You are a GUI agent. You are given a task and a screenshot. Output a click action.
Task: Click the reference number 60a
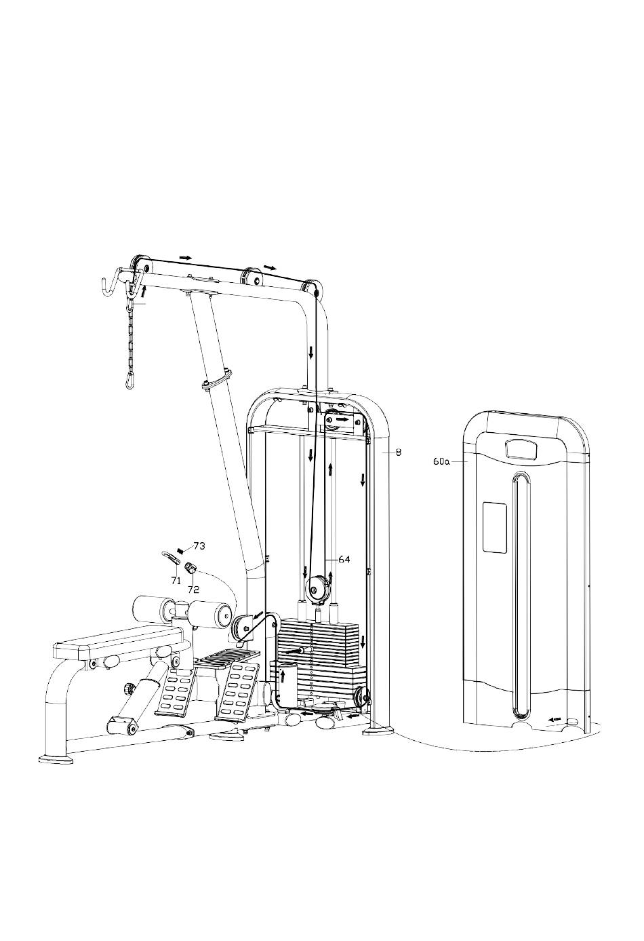pyautogui.click(x=441, y=461)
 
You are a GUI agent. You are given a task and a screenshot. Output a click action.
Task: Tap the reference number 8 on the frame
pyautogui.click(x=399, y=453)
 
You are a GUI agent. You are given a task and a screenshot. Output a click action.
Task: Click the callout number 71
pyautogui.click(x=176, y=581)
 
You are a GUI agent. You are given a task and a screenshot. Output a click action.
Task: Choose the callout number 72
pyautogui.click(x=193, y=590)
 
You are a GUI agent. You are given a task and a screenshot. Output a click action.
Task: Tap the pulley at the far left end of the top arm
pyautogui.click(x=140, y=265)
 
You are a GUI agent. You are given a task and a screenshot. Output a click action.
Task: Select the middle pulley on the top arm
pyautogui.click(x=252, y=277)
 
